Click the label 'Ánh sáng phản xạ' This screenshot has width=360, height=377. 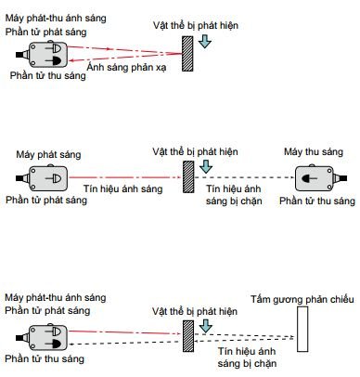click(x=126, y=68)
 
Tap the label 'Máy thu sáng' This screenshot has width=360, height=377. click(x=314, y=151)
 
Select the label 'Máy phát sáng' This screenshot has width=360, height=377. click(x=48, y=154)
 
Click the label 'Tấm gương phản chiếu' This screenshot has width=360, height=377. click(x=302, y=299)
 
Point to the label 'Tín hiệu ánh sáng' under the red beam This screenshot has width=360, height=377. click(x=123, y=188)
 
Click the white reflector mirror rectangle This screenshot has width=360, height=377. click(x=302, y=329)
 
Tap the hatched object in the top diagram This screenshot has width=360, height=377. click(x=187, y=54)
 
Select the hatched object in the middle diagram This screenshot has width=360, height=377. click(x=188, y=176)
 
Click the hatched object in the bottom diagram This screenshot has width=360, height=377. click(x=188, y=336)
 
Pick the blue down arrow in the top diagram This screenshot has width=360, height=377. click(x=204, y=42)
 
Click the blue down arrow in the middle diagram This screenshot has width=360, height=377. click(x=206, y=166)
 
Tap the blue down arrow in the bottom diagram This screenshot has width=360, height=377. click(x=206, y=326)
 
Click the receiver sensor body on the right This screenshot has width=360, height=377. click(x=314, y=178)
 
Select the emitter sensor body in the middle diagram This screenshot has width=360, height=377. click(x=48, y=178)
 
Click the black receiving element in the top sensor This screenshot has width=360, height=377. click(x=55, y=61)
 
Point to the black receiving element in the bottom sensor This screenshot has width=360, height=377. click(x=55, y=344)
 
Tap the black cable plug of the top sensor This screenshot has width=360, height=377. click(x=19, y=55)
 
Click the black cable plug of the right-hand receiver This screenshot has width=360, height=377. click(x=342, y=178)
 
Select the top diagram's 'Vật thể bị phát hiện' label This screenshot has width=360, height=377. click(x=196, y=25)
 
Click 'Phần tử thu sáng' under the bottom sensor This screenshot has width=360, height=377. click(x=45, y=358)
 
